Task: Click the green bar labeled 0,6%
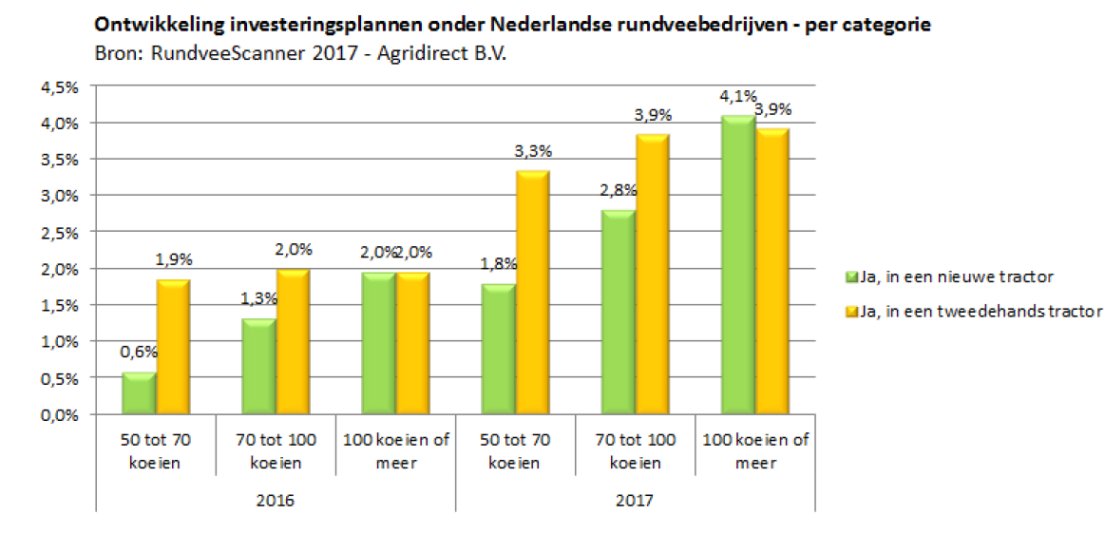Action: pos(139,393)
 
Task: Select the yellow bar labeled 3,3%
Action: pos(532,293)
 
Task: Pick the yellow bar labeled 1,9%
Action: pos(173,347)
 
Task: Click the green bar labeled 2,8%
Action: pos(619,313)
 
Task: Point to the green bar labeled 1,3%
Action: pos(258,367)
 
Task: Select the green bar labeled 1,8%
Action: pos(498,349)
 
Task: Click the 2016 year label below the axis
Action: pos(276,499)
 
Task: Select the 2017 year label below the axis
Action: pos(636,499)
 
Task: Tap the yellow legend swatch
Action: pos(850,310)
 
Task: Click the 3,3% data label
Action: pos(534,151)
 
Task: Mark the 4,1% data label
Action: pos(737,96)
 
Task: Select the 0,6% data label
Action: pos(139,352)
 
